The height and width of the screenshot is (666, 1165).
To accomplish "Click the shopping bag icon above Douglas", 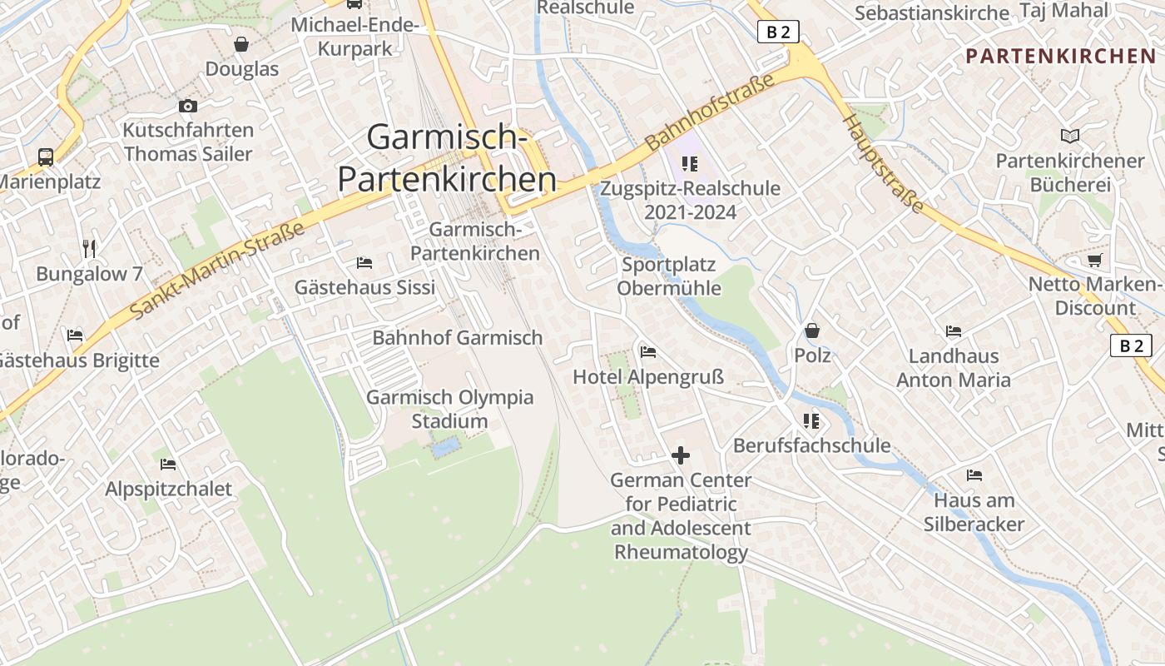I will click(241, 44).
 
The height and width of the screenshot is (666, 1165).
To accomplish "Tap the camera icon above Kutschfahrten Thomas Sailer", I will click(188, 106).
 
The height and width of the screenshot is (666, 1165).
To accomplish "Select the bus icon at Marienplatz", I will click(46, 157).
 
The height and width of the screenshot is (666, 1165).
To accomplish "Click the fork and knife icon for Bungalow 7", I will click(90, 248).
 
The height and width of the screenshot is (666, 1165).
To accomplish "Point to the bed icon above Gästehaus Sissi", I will click(364, 262).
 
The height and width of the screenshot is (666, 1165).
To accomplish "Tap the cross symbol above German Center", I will click(681, 455).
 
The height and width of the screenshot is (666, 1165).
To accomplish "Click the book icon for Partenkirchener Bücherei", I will click(1070, 136).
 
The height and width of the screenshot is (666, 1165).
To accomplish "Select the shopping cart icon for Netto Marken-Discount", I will click(1095, 260).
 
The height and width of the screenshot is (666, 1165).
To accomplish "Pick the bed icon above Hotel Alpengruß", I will click(648, 351).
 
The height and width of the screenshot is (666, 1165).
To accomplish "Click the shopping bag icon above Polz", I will click(812, 331).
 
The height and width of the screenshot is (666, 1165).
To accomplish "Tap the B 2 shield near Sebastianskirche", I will click(779, 32).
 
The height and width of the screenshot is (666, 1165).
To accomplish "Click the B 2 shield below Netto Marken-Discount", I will click(1132, 345).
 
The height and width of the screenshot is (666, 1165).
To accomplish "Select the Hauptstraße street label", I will click(884, 163).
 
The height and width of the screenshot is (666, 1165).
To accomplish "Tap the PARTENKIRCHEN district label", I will click(1061, 57).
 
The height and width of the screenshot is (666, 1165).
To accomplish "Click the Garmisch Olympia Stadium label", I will click(450, 409).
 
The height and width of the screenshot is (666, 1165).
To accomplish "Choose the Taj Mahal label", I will click(1066, 11).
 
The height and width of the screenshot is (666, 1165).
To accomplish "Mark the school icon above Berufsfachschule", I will click(811, 420).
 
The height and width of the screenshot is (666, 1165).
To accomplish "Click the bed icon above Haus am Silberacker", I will click(974, 475).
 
